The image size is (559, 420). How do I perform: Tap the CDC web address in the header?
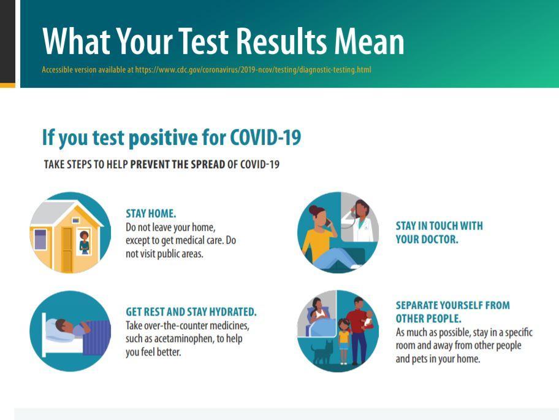click(x=253, y=69)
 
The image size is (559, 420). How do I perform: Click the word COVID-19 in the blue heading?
click(x=265, y=138)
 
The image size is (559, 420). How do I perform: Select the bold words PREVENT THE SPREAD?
click(x=178, y=165)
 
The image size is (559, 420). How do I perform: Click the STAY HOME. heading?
click(x=151, y=214)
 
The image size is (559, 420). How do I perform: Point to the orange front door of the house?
click(x=67, y=249)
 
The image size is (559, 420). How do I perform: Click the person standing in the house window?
click(x=84, y=243)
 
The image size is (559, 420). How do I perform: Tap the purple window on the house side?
click(x=40, y=239)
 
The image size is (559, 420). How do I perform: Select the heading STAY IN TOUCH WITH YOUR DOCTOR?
click(x=439, y=233)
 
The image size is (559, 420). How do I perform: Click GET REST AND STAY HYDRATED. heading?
click(x=191, y=312)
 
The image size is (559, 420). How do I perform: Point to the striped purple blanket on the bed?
click(x=96, y=338)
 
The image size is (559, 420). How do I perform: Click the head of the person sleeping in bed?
click(x=61, y=325)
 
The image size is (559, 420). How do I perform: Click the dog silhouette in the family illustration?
click(x=322, y=352)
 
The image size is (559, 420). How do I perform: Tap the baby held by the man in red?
click(x=368, y=319)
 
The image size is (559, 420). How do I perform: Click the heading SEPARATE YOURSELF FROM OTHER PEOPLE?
click(x=453, y=312)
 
